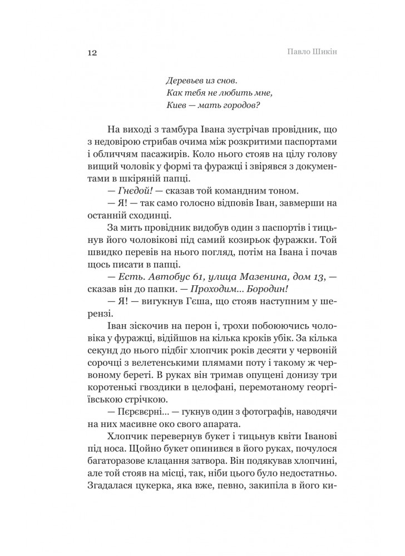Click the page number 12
coord(92,53)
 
